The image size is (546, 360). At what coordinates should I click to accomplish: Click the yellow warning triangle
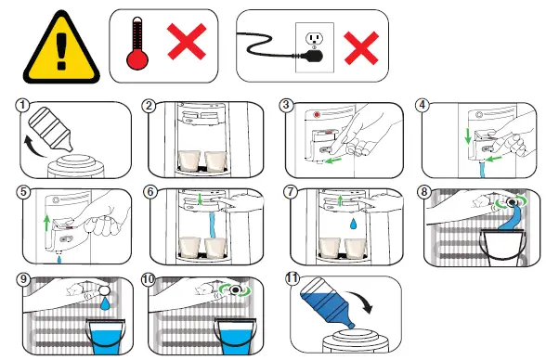[x=61, y=48]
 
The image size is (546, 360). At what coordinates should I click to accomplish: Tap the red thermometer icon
[x=137, y=43]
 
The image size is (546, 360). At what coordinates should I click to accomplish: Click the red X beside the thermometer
[x=187, y=42]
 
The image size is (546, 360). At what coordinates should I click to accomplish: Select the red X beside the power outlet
[x=361, y=48]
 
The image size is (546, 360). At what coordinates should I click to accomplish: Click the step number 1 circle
[x=22, y=105]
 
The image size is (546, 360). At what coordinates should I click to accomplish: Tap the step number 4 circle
[x=422, y=105]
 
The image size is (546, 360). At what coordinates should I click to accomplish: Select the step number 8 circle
[x=423, y=192]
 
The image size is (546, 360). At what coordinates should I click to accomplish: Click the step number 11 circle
[x=292, y=278]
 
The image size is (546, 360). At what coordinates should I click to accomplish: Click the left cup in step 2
[x=189, y=161]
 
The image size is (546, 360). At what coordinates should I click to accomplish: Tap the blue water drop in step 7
[x=354, y=224]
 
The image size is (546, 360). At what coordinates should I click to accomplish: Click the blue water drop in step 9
[x=104, y=303]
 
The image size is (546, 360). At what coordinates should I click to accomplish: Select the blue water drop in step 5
[x=59, y=259]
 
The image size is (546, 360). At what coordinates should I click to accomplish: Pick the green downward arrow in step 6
[x=200, y=199]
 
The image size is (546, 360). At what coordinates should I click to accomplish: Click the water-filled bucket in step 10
[x=236, y=336]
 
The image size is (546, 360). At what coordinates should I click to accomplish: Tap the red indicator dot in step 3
[x=317, y=114]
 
